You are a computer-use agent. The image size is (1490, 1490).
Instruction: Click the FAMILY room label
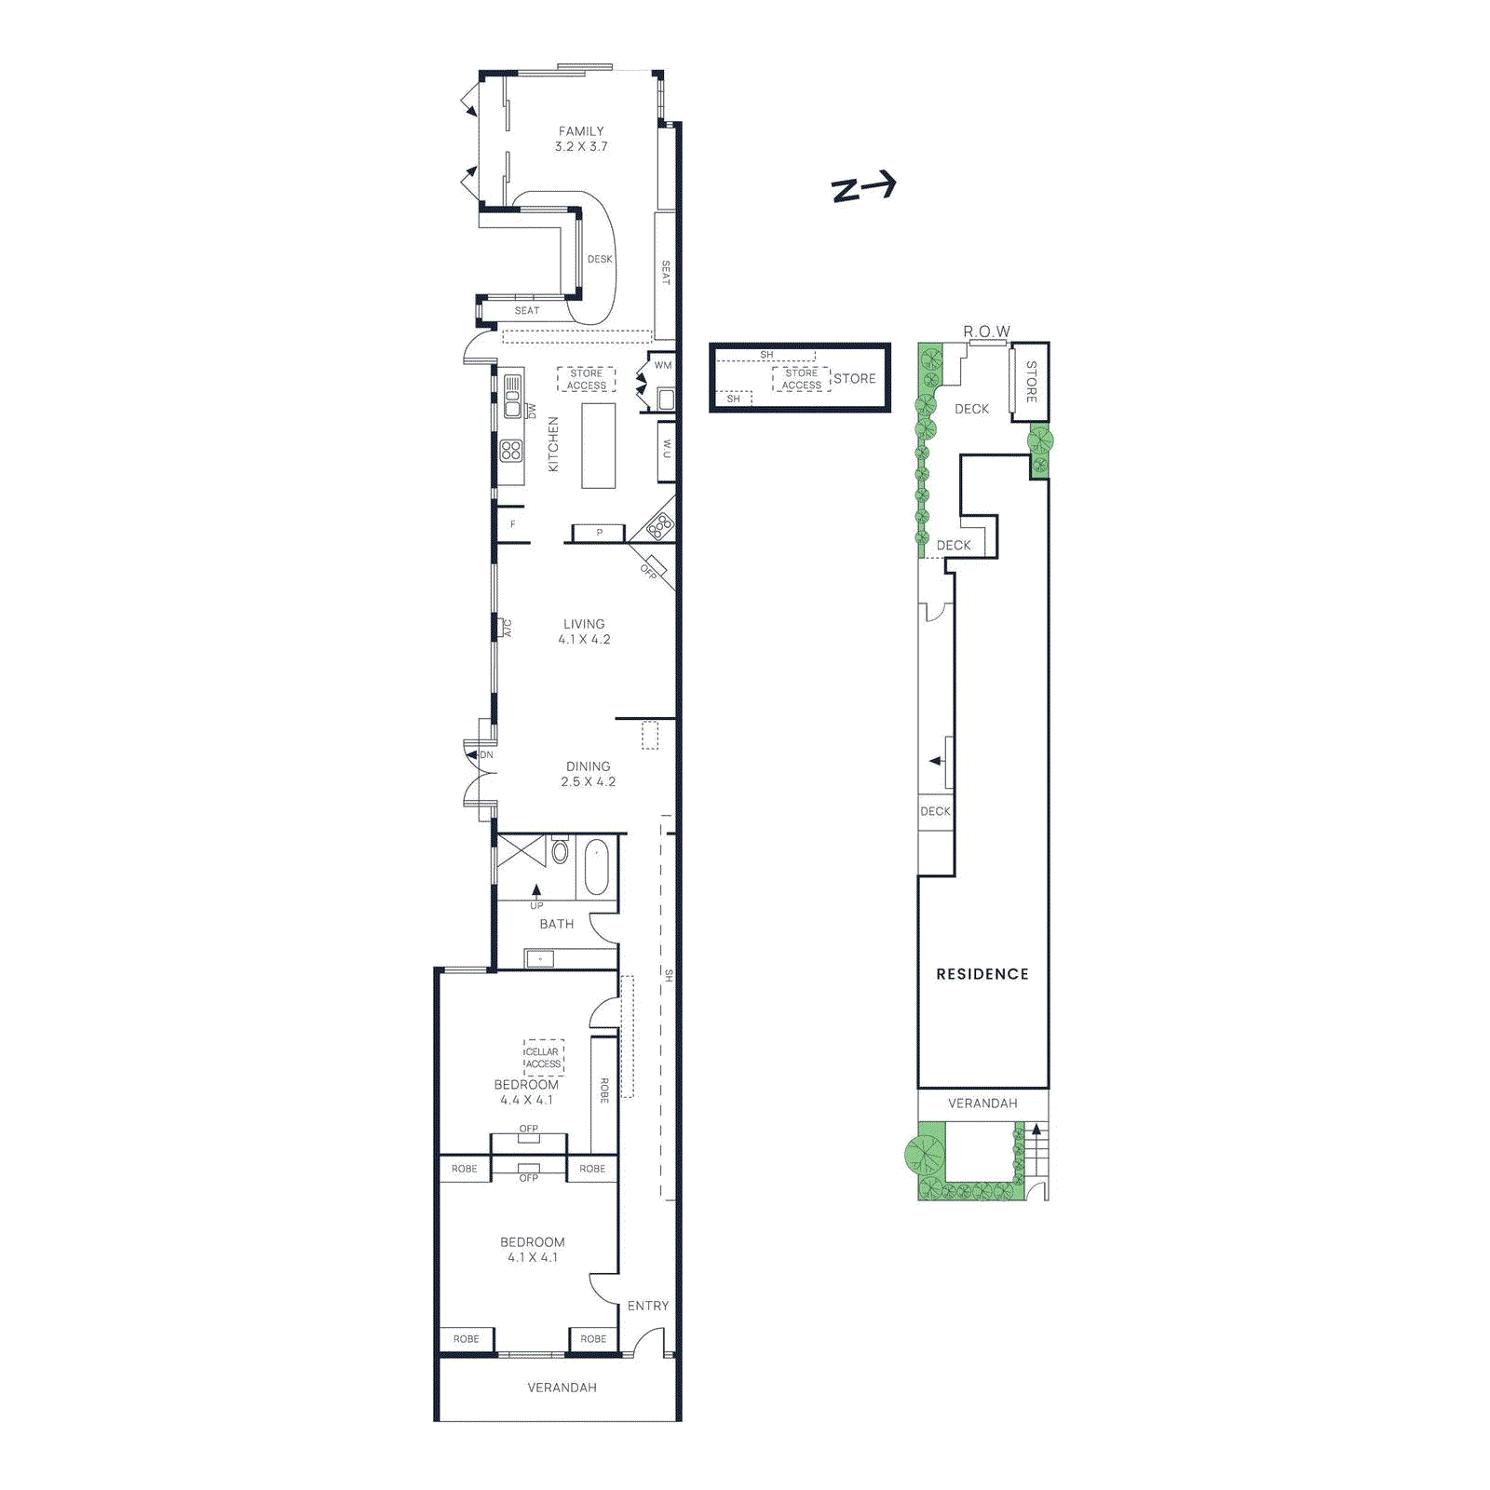(x=581, y=132)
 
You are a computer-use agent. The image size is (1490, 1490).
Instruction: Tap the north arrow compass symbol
(x=863, y=186)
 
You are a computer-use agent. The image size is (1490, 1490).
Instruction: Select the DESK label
(x=600, y=260)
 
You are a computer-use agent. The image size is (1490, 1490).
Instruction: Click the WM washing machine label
(x=662, y=365)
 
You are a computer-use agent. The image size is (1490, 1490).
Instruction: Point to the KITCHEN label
(x=553, y=444)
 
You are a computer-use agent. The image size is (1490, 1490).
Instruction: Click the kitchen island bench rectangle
(x=599, y=446)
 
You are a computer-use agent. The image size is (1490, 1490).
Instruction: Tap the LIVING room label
(x=584, y=624)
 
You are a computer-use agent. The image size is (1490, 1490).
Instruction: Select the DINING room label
(x=588, y=766)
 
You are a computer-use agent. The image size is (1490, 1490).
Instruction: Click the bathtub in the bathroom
(x=596, y=867)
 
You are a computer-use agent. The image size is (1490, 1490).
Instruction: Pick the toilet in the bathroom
(x=560, y=850)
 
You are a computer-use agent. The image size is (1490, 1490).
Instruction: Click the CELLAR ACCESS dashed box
(x=543, y=1057)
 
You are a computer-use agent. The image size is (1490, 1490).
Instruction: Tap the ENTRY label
(x=647, y=1306)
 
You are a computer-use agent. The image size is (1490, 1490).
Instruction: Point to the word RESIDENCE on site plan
(x=982, y=974)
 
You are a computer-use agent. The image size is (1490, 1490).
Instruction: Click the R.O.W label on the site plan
(x=986, y=332)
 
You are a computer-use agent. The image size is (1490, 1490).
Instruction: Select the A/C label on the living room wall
(x=508, y=629)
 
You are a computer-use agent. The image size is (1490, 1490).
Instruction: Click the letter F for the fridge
(x=512, y=524)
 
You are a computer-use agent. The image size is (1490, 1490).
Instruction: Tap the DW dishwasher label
(x=532, y=411)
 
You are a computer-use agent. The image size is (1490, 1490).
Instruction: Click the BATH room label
(x=556, y=924)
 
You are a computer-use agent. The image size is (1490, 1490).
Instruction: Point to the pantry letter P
(x=599, y=533)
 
